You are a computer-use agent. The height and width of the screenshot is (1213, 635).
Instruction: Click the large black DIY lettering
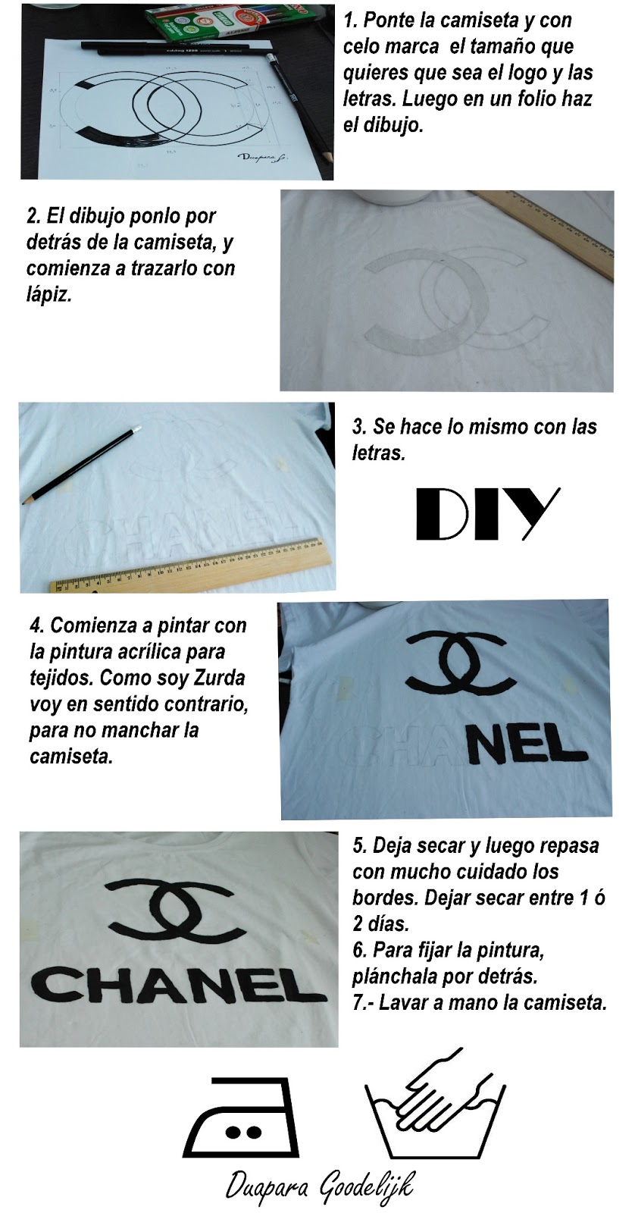tap(487, 513)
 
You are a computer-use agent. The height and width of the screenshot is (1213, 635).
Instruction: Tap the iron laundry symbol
tap(241, 1117)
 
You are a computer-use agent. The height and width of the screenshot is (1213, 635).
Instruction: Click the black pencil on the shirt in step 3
tap(81, 465)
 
